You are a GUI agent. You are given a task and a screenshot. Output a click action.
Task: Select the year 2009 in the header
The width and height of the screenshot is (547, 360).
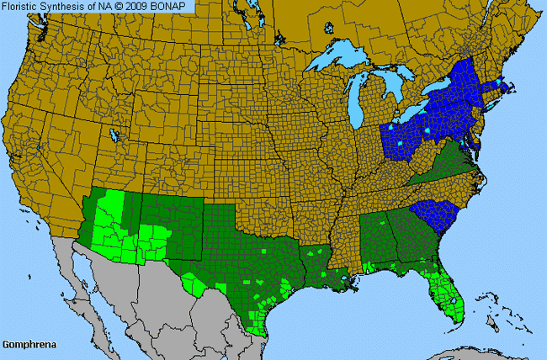pyautogui.click(x=143, y=6)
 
